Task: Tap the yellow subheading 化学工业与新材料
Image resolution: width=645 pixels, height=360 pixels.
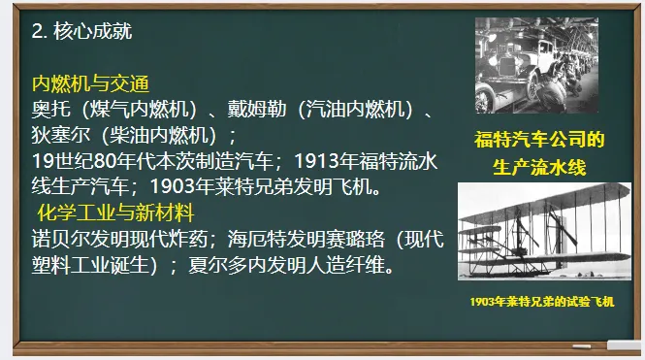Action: (114, 212)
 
